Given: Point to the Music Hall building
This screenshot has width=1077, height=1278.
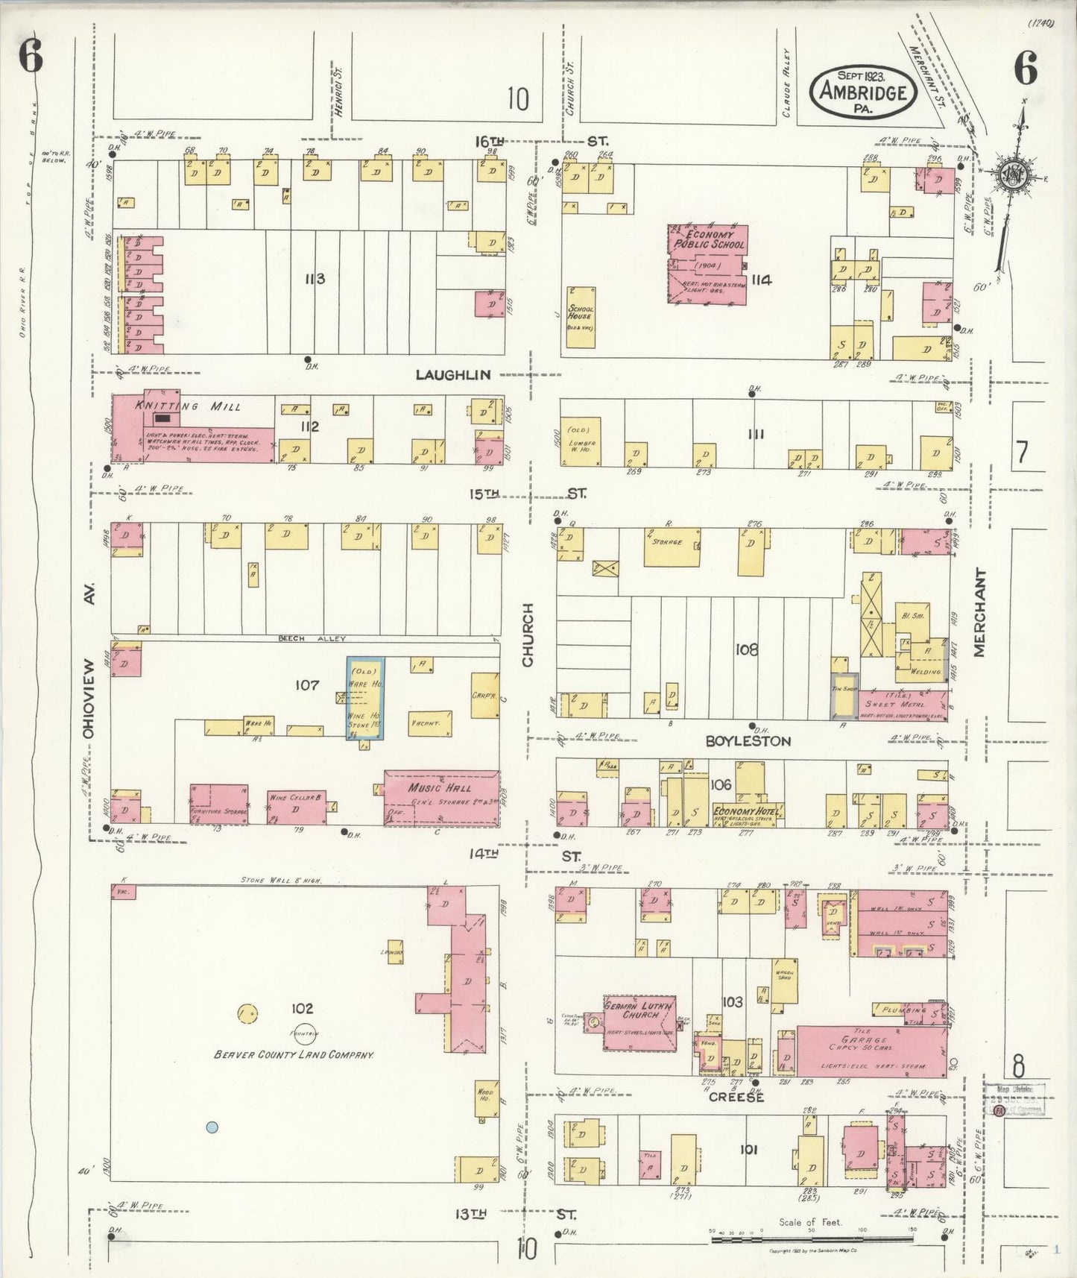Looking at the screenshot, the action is click(x=441, y=798).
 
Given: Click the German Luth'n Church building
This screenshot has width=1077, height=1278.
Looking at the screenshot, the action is click(x=640, y=1023).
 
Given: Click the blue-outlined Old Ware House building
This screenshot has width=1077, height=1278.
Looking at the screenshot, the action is click(x=366, y=699).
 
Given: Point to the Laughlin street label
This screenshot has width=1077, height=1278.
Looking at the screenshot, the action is click(x=453, y=375).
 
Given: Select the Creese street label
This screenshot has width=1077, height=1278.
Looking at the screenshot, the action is click(x=736, y=1097).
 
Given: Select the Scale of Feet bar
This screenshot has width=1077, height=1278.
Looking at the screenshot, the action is click(x=812, y=1238).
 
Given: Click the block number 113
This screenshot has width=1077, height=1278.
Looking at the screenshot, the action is click(x=315, y=279).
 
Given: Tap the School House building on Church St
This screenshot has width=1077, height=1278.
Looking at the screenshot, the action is click(x=581, y=317).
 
